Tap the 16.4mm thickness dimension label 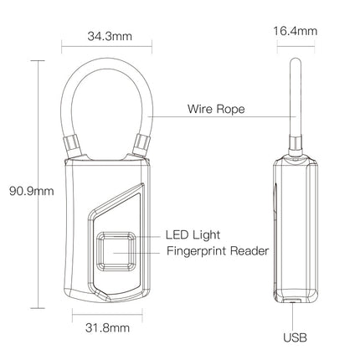[x=296, y=32]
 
